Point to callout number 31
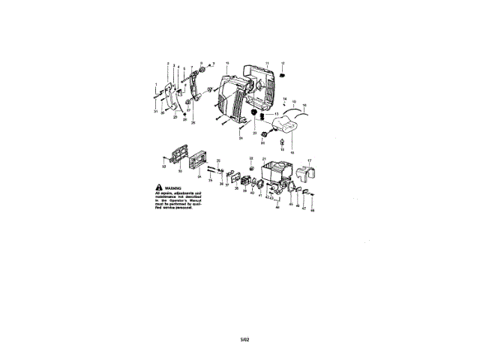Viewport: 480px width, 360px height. point(156,112)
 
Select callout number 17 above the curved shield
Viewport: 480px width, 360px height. point(309,161)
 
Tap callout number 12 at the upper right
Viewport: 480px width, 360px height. point(283,63)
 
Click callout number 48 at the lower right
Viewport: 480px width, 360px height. point(313,211)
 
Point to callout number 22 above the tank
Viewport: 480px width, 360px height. point(251,158)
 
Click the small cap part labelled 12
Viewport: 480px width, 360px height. point(283,75)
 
